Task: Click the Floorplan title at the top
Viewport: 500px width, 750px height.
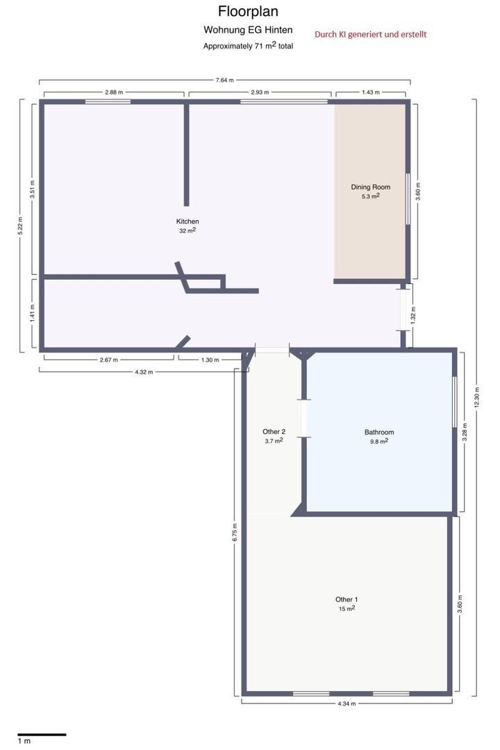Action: tap(248, 11)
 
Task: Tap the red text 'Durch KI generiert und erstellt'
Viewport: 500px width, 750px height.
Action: tap(370, 35)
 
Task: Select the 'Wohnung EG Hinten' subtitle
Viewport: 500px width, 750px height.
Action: tap(248, 30)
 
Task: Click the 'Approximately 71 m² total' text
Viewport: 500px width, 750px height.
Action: tap(248, 46)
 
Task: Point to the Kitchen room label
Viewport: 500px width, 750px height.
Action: tap(187, 222)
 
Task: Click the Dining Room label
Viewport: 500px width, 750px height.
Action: tap(371, 187)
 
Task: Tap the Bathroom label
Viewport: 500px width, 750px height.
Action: tap(379, 432)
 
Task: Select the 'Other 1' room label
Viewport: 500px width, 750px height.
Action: tap(347, 599)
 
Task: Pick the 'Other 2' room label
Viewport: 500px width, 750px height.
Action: tap(274, 431)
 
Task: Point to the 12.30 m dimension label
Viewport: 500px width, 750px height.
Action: tap(476, 398)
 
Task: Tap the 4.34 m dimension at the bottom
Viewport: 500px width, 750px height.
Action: tap(347, 703)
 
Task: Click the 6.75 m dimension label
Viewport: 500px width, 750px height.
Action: tap(235, 533)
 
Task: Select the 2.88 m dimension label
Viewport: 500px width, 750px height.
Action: tap(114, 92)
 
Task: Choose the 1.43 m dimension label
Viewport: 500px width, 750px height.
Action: tap(371, 92)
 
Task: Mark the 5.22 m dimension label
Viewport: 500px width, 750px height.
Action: tap(21, 225)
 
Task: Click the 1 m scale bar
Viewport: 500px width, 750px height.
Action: tap(42, 734)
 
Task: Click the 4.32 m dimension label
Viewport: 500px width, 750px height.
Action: tap(144, 372)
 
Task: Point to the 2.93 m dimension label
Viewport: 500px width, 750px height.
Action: tap(260, 92)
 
